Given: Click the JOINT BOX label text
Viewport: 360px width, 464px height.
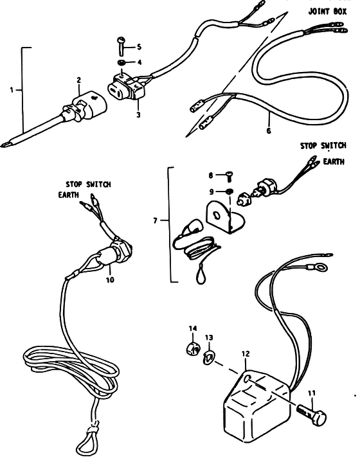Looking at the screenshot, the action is click(327, 12).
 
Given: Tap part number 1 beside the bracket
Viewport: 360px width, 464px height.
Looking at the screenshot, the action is click(12, 90).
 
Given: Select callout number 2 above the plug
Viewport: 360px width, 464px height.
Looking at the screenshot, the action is click(78, 80).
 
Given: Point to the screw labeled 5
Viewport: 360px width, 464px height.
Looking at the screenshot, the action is click(122, 46).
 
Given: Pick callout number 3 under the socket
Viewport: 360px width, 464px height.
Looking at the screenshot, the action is click(138, 115).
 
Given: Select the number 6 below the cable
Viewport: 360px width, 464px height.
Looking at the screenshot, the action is click(269, 130).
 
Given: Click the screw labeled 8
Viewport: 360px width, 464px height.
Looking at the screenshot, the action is click(228, 177).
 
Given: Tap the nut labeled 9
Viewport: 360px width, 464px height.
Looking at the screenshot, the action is click(229, 192).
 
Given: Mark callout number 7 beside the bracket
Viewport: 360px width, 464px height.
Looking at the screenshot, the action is click(156, 220).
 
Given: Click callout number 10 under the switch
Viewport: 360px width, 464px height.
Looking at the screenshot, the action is click(110, 280).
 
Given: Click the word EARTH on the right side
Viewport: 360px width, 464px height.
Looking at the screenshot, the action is click(334, 161).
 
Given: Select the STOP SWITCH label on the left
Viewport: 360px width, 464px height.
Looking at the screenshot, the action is click(88, 184).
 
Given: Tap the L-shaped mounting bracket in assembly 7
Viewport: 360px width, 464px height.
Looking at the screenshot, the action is click(225, 217).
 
